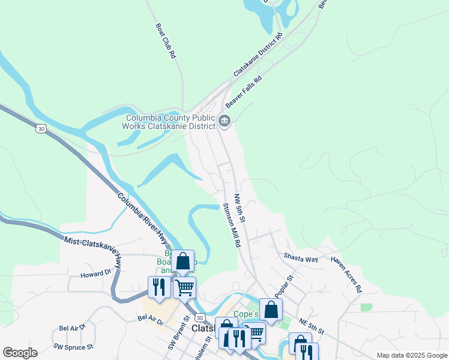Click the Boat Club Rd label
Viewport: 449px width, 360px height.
165,41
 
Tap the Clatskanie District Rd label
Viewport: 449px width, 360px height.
258,58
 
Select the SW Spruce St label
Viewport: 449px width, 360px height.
73,346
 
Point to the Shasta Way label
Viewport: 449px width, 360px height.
301,258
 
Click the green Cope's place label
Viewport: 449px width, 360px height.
246,314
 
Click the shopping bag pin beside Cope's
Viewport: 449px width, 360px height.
271,310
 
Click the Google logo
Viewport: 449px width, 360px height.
20,353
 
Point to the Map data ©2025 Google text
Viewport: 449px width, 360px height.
411,355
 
